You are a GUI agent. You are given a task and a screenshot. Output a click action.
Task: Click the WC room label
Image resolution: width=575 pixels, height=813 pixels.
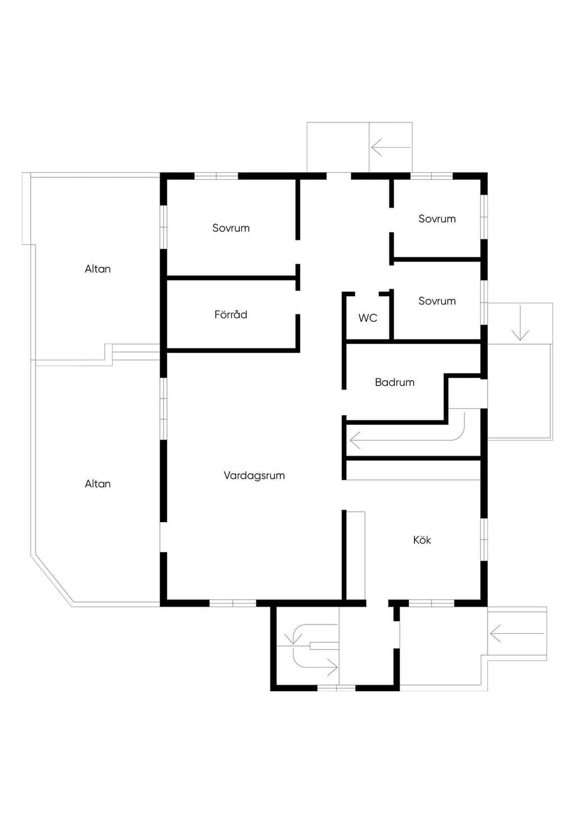(x=368, y=318)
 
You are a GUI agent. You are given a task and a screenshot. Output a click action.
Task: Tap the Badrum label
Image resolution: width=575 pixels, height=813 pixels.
(x=395, y=382)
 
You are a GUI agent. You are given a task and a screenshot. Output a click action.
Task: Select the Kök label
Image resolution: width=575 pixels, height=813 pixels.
(x=422, y=540)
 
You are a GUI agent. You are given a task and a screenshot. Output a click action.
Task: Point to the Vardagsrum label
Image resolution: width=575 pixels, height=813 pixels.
(x=254, y=476)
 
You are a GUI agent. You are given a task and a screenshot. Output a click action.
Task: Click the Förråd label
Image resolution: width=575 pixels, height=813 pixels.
(x=231, y=314)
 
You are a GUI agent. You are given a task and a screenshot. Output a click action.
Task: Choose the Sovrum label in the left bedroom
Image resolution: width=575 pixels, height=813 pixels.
(x=231, y=228)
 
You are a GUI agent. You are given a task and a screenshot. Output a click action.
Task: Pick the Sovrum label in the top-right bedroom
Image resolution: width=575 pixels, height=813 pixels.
(x=437, y=219)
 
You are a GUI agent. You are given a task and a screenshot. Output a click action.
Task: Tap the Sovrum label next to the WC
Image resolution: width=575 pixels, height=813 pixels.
(x=437, y=301)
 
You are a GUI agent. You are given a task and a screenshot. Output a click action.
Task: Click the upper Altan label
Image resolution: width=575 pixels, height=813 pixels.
(x=98, y=269)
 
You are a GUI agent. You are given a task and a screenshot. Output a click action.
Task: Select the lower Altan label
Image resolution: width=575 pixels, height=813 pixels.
(x=98, y=484)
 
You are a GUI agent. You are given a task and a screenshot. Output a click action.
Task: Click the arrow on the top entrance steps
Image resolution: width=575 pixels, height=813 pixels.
(x=391, y=147)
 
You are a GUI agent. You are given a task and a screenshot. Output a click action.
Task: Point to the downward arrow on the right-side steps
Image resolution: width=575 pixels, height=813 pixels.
(x=521, y=323)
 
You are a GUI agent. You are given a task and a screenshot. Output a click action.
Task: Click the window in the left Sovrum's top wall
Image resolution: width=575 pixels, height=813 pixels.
(x=216, y=176)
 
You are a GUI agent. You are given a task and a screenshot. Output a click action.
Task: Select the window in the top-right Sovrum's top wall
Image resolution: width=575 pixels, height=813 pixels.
(x=432, y=176)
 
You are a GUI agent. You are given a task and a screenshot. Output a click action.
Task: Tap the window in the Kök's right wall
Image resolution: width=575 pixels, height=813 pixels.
(x=484, y=540)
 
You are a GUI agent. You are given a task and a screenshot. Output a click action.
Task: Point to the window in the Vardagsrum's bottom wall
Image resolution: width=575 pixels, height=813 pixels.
(x=233, y=603)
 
